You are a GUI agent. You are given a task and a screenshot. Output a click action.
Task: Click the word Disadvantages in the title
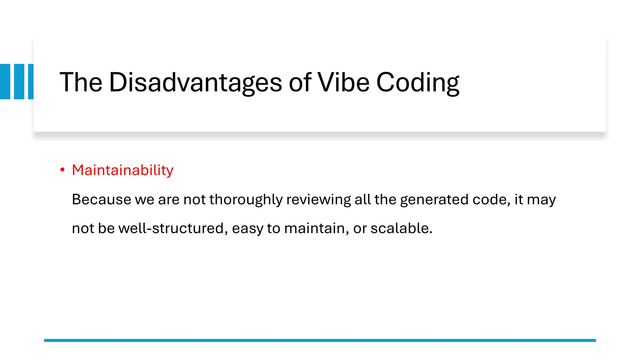(195, 82)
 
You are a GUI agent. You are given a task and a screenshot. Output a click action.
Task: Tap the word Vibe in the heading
(343, 82)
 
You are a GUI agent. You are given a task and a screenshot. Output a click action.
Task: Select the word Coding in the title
(417, 83)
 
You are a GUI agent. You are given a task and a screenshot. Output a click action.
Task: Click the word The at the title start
(81, 82)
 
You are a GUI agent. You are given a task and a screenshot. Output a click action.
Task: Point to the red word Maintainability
(122, 170)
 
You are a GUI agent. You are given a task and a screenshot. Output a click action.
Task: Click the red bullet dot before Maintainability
(62, 170)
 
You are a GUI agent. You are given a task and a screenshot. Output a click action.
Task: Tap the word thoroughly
(246, 199)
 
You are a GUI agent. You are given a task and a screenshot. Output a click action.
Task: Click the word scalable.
(401, 228)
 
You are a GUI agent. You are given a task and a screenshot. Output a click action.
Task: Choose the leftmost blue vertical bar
(5, 82)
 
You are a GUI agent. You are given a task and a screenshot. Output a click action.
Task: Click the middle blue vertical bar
(19, 82)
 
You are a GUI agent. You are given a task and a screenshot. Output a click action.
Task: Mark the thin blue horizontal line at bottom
(320, 340)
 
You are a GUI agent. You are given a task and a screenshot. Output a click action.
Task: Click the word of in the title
(300, 82)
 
